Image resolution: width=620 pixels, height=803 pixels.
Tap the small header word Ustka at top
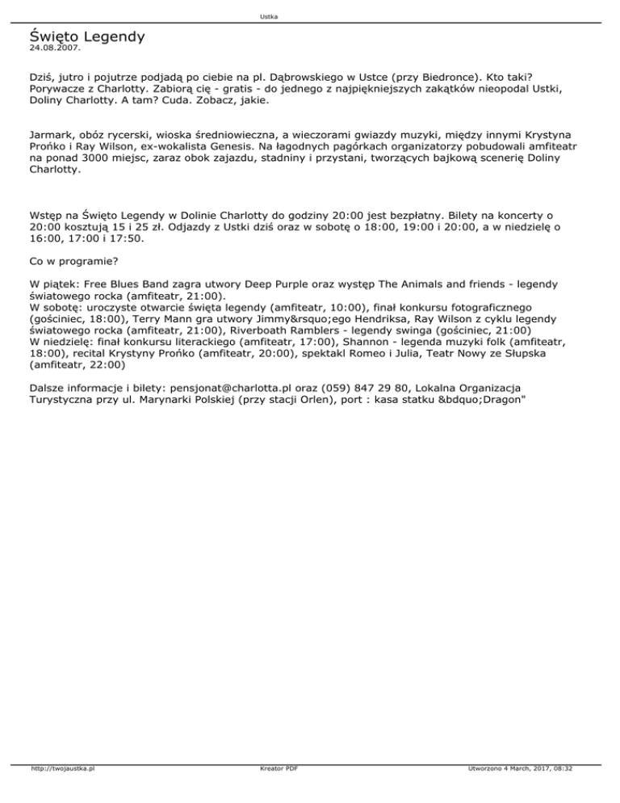[270, 17]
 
